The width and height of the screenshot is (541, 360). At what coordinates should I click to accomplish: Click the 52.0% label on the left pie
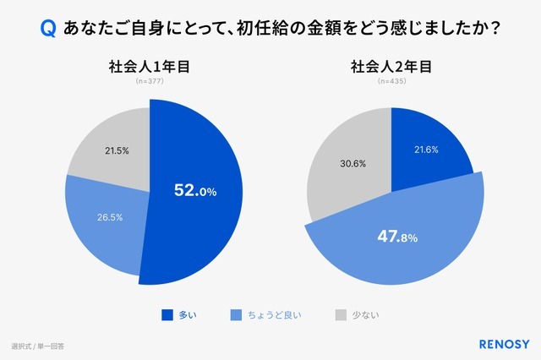195,191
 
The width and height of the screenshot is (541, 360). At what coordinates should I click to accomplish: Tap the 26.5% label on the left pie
109,216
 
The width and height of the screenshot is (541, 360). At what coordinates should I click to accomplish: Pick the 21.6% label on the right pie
427,149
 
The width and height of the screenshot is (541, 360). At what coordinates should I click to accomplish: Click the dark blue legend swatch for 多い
167,315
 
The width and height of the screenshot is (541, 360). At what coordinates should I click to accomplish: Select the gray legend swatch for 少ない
340,315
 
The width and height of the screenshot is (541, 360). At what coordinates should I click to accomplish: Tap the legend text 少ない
367,315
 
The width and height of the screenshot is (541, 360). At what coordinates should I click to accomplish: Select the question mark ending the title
492,29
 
